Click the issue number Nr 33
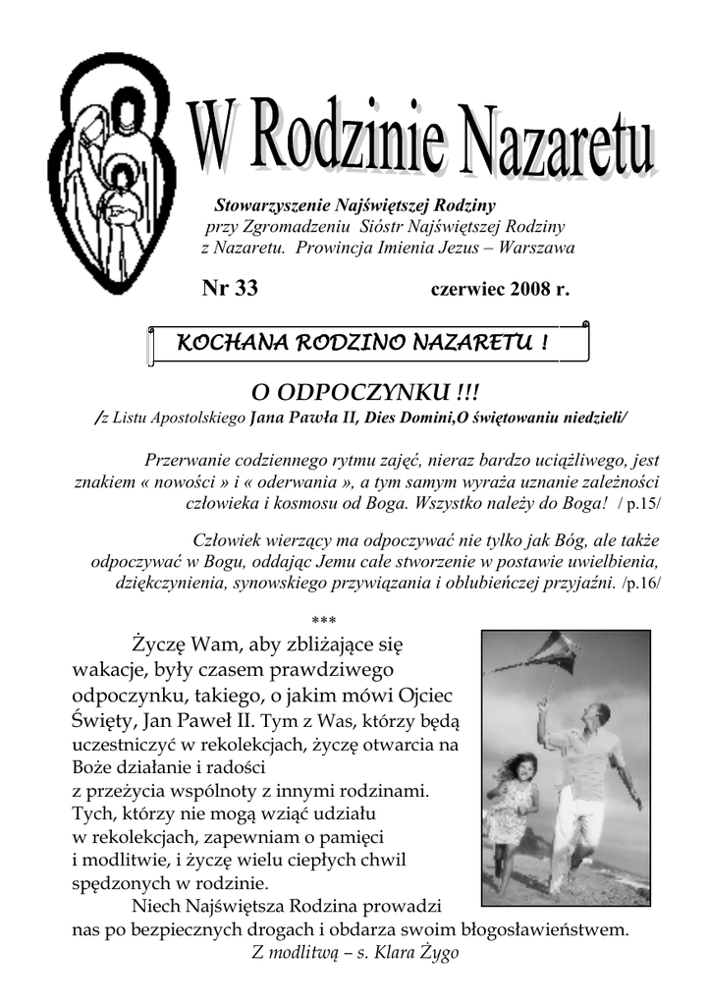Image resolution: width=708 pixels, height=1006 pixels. tap(229, 288)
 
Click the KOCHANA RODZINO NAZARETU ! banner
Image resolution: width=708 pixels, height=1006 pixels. tap(361, 344)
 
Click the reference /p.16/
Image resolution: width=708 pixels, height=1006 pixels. tap(641, 584)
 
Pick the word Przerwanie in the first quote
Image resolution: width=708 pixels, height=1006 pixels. tap(188, 459)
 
